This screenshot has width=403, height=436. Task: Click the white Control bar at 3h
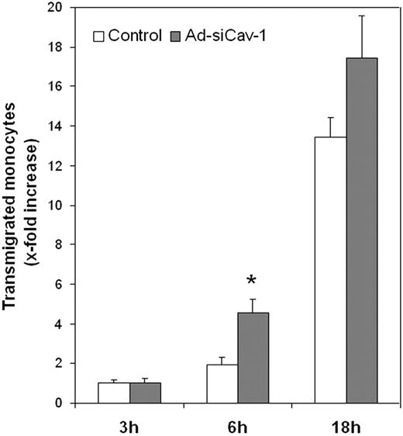pyautogui.click(x=113, y=393)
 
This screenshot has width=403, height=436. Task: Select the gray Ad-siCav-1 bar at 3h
pyautogui.click(x=145, y=393)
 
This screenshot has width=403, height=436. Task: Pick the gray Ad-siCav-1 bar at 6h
pyautogui.click(x=253, y=358)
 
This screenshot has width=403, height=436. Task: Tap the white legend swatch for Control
pyautogui.click(x=99, y=36)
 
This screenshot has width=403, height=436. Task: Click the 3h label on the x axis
pyautogui.click(x=129, y=425)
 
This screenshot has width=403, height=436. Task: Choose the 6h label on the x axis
pyautogui.click(x=236, y=425)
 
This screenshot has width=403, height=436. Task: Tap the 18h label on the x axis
pyautogui.click(x=345, y=425)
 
